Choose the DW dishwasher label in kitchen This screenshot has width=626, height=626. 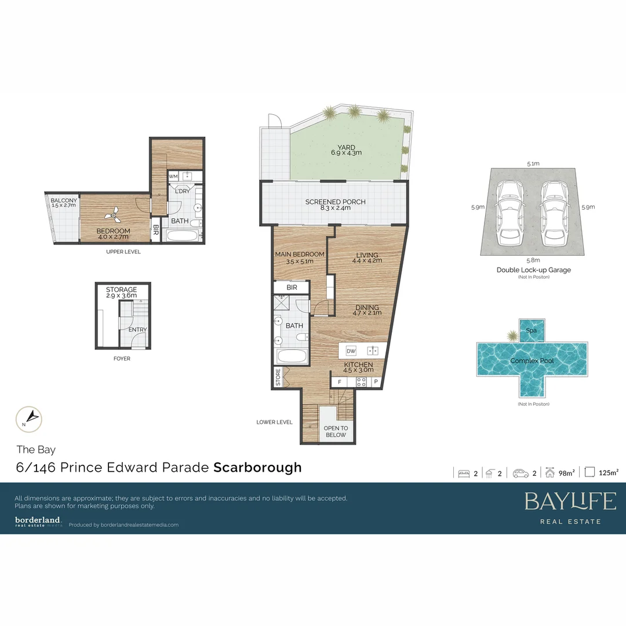coord(351,351)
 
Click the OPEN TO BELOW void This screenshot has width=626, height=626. coord(335,431)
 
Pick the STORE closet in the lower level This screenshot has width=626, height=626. coord(278,377)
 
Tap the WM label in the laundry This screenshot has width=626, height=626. coord(173,176)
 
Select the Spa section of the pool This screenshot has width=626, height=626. coord(531,330)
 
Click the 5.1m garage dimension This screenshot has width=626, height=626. coord(533,163)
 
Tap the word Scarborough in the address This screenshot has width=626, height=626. coord(257,467)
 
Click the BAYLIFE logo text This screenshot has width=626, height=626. coord(570,501)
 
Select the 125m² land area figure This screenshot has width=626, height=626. coord(608,473)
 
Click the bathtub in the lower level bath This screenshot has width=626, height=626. coord(290,356)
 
